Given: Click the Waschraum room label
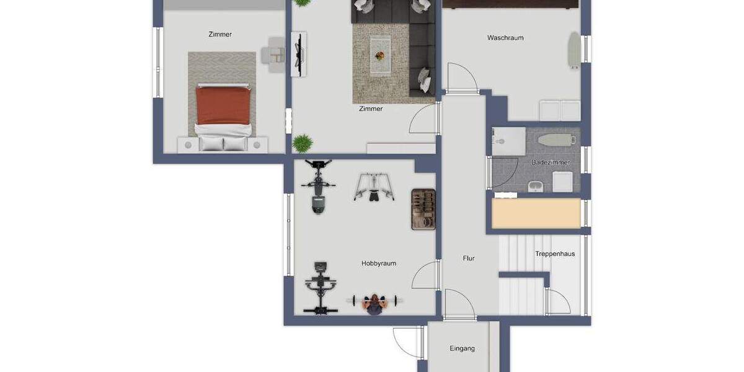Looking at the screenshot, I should pyautogui.click(x=505, y=38).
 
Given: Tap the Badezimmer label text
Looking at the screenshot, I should pyautogui.click(x=551, y=162).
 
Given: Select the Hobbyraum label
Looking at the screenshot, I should pyautogui.click(x=378, y=263).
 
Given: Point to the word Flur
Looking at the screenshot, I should pyautogui.click(x=469, y=259).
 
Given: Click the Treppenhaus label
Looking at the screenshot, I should pyautogui.click(x=555, y=254).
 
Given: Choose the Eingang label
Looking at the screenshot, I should pyautogui.click(x=462, y=348).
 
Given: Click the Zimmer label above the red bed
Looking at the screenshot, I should pyautogui.click(x=220, y=35).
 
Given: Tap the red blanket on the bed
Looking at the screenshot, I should pyautogui.click(x=224, y=105).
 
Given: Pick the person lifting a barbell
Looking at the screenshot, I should pyautogui.click(x=374, y=303).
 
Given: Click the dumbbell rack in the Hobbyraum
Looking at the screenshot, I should pyautogui.click(x=423, y=210).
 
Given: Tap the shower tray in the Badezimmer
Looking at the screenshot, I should pyautogui.click(x=508, y=141).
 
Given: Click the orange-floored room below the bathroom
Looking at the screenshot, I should pyautogui.click(x=536, y=213).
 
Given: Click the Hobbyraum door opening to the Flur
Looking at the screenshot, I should pyautogui.click(x=427, y=275).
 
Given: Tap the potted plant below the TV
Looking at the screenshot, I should pyautogui.click(x=303, y=143).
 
